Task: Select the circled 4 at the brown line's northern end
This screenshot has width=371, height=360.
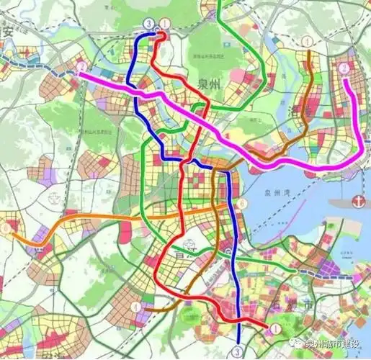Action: point(308,42)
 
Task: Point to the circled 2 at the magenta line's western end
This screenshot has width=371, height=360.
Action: point(79,68)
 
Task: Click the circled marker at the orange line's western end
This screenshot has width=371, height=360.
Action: point(6,228)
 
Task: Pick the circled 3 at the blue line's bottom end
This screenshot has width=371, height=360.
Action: point(238,351)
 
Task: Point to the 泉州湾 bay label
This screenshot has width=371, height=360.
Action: point(277,193)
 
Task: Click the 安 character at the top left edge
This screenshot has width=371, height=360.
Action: point(8,31)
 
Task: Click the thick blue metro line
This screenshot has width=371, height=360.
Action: point(229,216)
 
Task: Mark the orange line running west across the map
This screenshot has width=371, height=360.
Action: point(108,217)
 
